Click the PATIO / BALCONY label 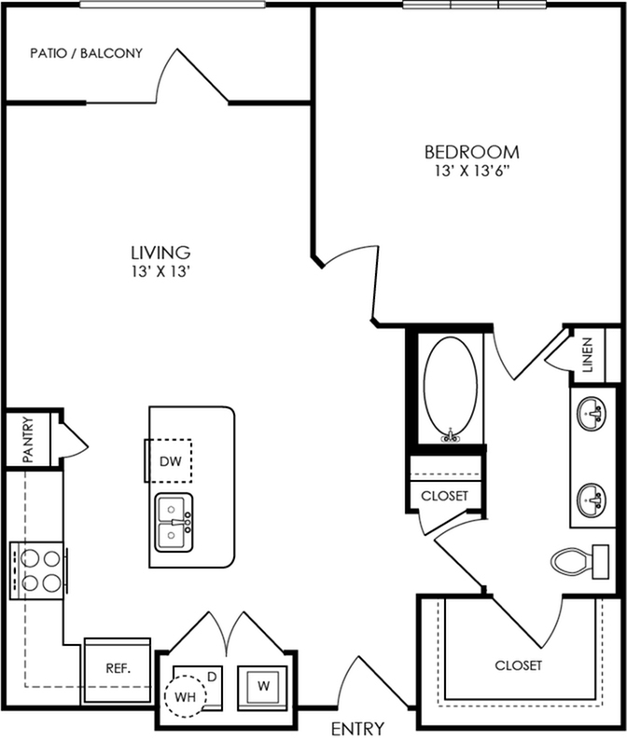(87, 53)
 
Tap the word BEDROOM (472, 152)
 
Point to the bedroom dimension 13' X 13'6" (474, 171)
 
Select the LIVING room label (161, 253)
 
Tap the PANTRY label (28, 439)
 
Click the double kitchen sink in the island (174, 522)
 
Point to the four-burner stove (37, 570)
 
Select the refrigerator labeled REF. (118, 669)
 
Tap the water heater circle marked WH (186, 696)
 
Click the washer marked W (263, 686)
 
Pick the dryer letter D (212, 677)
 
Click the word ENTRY (357, 728)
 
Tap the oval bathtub (450, 389)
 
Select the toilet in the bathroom (579, 562)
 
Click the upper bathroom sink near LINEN (592, 414)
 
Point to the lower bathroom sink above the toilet (592, 500)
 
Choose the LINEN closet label (587, 355)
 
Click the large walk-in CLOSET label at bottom (519, 665)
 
